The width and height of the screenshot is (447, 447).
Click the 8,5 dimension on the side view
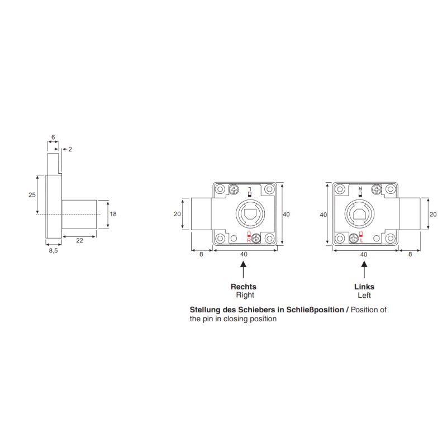click(x=53, y=250)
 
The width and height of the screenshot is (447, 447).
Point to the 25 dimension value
click(x=32, y=194)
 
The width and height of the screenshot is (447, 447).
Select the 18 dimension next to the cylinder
click(x=113, y=214)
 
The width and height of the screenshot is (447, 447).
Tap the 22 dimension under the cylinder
click(x=79, y=240)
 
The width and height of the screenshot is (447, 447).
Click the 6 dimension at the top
click(x=53, y=137)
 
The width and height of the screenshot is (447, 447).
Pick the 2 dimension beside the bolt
click(x=70, y=149)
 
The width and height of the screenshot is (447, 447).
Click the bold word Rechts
click(x=244, y=287)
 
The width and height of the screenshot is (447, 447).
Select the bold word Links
click(x=364, y=287)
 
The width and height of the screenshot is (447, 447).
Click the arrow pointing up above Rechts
click(x=243, y=270)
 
